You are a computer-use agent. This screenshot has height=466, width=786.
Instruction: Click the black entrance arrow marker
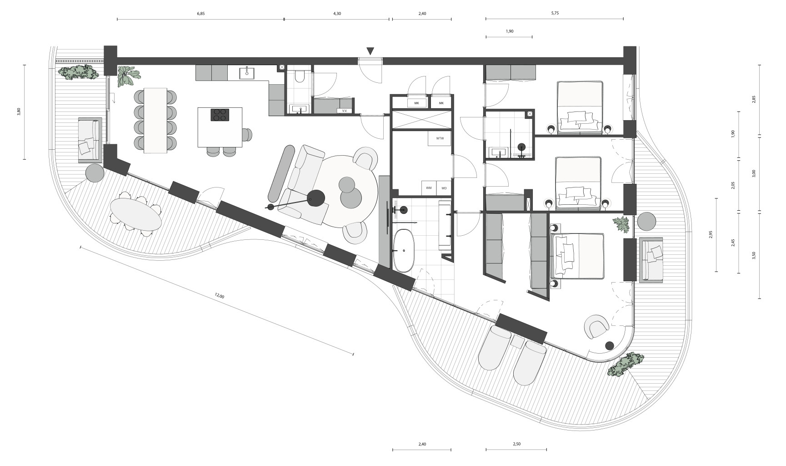pyautogui.click(x=370, y=51)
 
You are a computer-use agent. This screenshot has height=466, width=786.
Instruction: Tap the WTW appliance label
pyautogui.click(x=440, y=138)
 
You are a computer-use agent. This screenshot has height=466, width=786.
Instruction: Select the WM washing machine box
pyautogui.click(x=429, y=187)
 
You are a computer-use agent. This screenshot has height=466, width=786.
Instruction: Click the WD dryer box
pyautogui.click(x=444, y=187)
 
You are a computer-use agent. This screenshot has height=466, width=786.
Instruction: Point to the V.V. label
pyautogui.click(x=345, y=111)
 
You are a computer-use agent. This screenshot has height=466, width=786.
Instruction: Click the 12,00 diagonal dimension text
pyautogui.click(x=219, y=296)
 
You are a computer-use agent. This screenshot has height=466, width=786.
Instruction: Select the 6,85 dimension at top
pyautogui.click(x=200, y=14)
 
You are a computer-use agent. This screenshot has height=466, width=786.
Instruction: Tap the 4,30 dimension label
pyautogui.click(x=337, y=14)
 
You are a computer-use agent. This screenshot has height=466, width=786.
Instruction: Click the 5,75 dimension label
pyautogui.click(x=555, y=13)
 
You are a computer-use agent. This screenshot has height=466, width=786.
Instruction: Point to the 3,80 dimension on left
pyautogui.click(x=19, y=111)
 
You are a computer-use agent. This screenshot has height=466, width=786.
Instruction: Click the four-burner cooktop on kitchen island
pyautogui.click(x=220, y=115)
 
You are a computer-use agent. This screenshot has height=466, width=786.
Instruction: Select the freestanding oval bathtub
pyautogui.click(x=403, y=251)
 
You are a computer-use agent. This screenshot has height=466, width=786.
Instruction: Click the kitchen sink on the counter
pyautogui.click(x=247, y=73)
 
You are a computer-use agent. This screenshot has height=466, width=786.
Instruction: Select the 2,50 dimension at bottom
pyautogui.click(x=516, y=444)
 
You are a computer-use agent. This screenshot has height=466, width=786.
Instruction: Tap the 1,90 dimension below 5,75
pyautogui.click(x=509, y=31)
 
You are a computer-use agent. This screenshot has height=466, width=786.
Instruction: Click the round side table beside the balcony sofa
pyautogui.click(x=95, y=172)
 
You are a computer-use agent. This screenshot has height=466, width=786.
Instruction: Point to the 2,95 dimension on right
pyautogui.click(x=711, y=235)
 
